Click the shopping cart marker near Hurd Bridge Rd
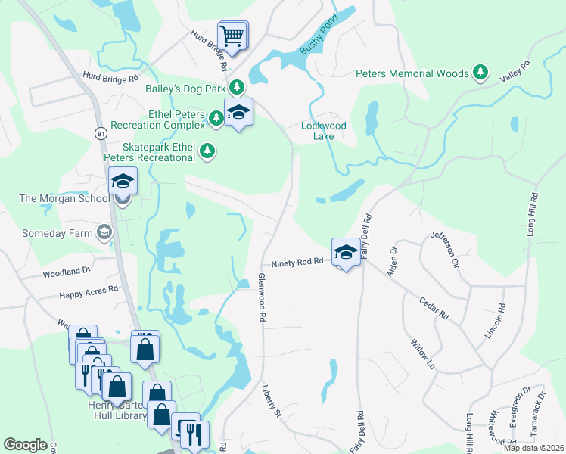(233, 35)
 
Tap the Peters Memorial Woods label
(412, 73)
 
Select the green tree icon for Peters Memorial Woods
(480, 73)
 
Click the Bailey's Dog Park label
(185, 88)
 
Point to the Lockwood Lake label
(324, 131)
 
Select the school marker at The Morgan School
(122, 182)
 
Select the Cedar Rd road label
(434, 307)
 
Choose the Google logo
(25, 445)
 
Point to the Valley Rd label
(515, 72)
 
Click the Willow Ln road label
(423, 354)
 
